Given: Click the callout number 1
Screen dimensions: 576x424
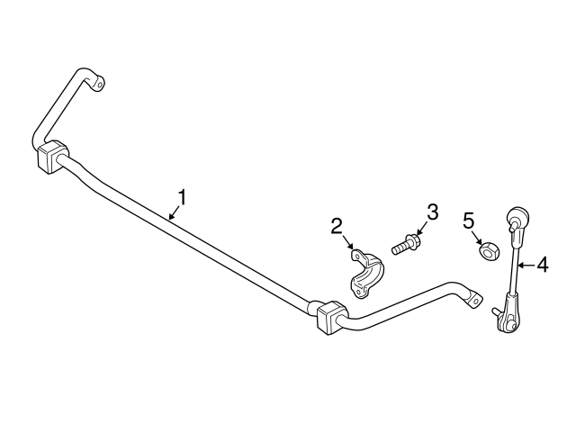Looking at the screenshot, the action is tap(183, 196).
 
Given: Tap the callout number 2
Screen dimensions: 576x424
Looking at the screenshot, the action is tap(336, 225).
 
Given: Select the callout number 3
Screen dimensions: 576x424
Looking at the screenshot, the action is tap(432, 212).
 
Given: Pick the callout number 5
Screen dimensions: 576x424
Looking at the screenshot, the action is tap(468, 219).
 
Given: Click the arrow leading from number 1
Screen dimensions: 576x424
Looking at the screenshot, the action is tap(175, 212).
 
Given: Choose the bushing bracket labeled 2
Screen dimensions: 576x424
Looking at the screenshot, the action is tap(366, 275).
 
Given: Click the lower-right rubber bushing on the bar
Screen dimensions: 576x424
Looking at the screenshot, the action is tap(330, 316).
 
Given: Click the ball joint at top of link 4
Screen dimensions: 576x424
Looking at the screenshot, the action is tap(517, 218).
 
